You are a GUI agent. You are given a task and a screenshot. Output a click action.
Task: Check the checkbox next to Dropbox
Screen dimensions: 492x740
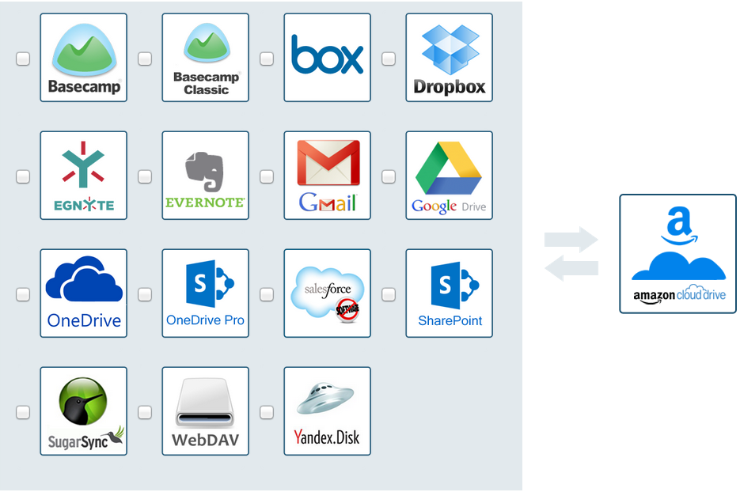click(x=389, y=59)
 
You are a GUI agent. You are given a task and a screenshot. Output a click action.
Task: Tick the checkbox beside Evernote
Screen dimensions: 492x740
click(x=145, y=176)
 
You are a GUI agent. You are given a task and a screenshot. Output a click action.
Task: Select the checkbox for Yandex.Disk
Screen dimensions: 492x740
click(x=267, y=412)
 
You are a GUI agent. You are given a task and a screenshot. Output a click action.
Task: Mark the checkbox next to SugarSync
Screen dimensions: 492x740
click(x=23, y=412)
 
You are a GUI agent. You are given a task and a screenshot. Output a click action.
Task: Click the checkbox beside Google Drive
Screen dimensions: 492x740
click(x=389, y=176)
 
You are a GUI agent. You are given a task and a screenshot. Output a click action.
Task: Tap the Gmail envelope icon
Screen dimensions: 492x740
click(x=328, y=164)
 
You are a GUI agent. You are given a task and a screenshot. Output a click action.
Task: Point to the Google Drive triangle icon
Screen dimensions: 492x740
click(x=449, y=168)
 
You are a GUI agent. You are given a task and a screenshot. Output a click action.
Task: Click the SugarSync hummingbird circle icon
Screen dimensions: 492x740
click(x=82, y=401)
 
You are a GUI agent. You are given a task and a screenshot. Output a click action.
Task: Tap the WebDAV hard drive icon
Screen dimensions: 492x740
click(x=205, y=402)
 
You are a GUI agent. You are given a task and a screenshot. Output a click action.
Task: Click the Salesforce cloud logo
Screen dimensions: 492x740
click(x=327, y=292)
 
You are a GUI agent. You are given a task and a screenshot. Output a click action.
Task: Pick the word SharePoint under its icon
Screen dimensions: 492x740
click(x=450, y=321)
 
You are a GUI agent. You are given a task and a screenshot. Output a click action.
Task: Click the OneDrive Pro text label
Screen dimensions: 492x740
click(x=205, y=320)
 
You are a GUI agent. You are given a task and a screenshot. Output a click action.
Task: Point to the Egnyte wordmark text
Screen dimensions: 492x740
click(x=84, y=205)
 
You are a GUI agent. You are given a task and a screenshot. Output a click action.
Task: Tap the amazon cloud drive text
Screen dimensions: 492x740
click(x=679, y=296)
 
